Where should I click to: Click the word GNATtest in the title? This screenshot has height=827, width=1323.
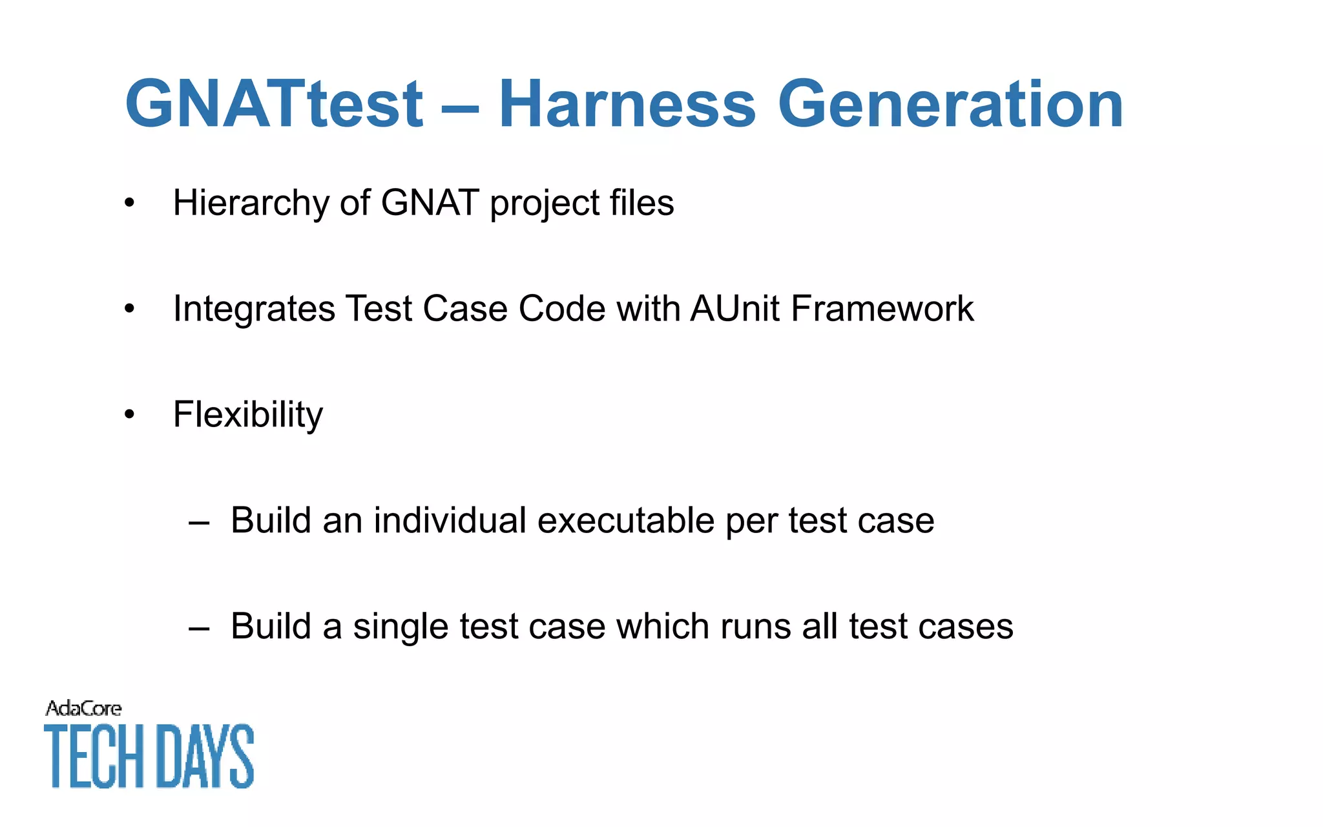(x=274, y=105)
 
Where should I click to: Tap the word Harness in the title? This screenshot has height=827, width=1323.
(x=627, y=105)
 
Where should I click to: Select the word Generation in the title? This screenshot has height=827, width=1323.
(x=950, y=105)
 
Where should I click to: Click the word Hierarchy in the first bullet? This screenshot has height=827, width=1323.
(x=251, y=204)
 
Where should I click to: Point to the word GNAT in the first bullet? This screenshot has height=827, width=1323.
(x=430, y=204)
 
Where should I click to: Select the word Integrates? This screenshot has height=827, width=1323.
(x=254, y=309)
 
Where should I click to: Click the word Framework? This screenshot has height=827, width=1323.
(x=882, y=308)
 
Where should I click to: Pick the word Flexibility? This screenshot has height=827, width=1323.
(x=248, y=415)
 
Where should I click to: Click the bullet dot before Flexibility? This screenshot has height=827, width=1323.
(x=130, y=415)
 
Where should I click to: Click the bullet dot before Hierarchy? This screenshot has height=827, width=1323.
(x=130, y=204)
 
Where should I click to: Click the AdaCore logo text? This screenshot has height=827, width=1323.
(x=83, y=709)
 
